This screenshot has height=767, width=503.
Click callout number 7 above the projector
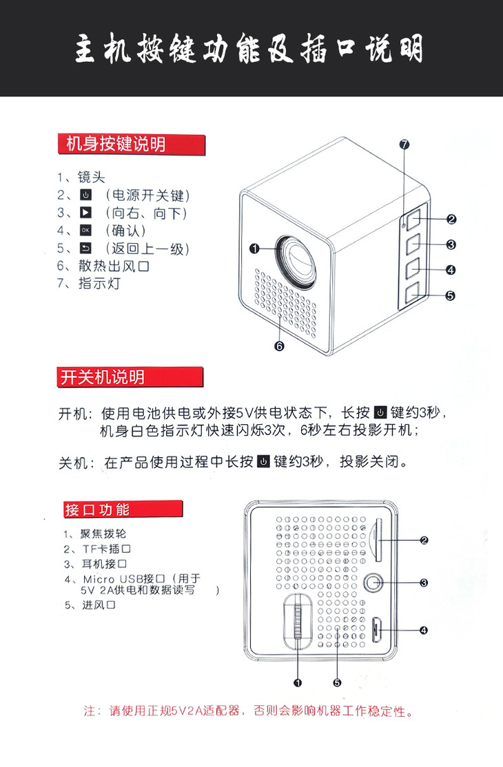pyautogui.click(x=404, y=145)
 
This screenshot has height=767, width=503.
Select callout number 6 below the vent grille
pyautogui.click(x=279, y=346)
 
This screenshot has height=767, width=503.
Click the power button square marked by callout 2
pyautogui.click(x=413, y=219)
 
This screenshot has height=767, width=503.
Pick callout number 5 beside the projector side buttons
pyautogui.click(x=450, y=295)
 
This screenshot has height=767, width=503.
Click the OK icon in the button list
pyautogui.click(x=85, y=231)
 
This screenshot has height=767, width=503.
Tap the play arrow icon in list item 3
pyautogui.click(x=85, y=212)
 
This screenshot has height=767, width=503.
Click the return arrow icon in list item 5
pyautogui.click(x=85, y=249)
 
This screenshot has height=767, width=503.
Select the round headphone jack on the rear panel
pyautogui.click(x=374, y=582)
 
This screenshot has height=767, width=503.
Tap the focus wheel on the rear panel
pyautogui.click(x=298, y=621)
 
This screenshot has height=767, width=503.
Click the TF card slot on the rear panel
pyautogui.click(x=377, y=540)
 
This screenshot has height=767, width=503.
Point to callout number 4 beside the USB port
pyautogui.click(x=424, y=630)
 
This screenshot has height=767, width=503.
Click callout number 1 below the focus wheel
pyautogui.click(x=298, y=683)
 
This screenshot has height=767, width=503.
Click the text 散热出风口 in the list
pyautogui.click(x=114, y=266)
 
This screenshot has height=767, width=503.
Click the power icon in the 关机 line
pyautogui.click(x=264, y=461)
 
